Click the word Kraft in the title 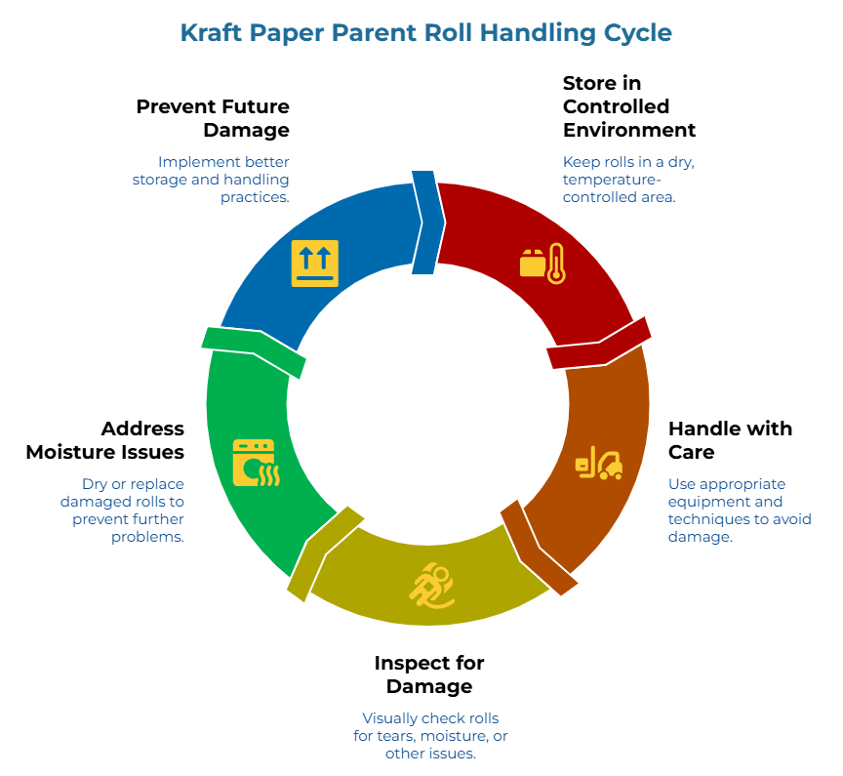point(211,32)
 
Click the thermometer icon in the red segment point(556,264)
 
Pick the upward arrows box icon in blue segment point(314,264)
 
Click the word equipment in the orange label point(705,502)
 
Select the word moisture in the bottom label point(458,736)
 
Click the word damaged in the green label point(90,502)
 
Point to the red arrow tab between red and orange point(598,343)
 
